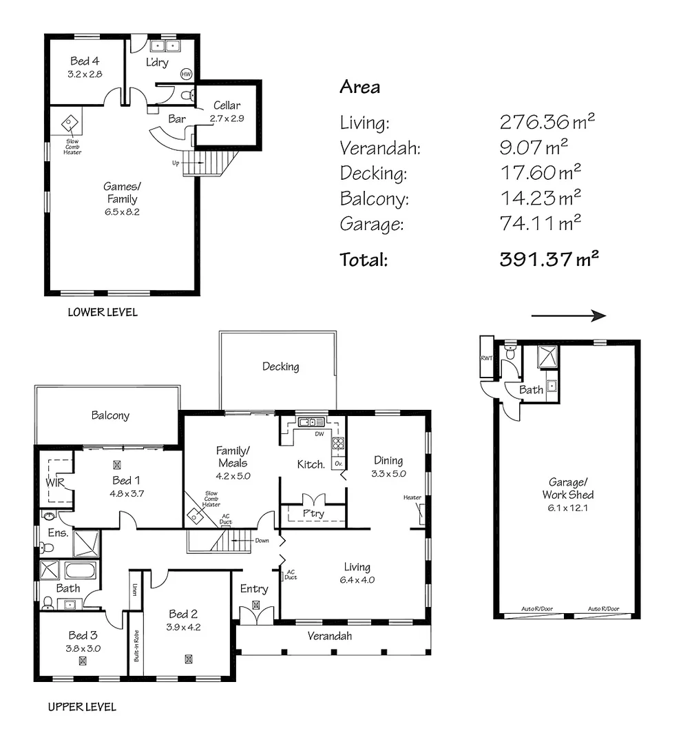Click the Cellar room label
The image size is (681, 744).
227,105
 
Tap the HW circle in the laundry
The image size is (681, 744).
186,74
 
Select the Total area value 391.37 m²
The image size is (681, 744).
548,260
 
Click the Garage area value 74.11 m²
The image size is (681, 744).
541,223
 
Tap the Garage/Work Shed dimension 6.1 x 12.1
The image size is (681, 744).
571,508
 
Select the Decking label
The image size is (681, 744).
280,366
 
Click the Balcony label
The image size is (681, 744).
110,415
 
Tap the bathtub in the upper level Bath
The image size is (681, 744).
81,571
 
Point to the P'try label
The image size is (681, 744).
313,513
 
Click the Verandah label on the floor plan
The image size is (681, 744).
329,636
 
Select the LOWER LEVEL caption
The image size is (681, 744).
103,312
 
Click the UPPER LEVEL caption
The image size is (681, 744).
82,707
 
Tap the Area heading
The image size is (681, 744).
359,87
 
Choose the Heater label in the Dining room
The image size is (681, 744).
412,497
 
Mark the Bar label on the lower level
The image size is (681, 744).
177,119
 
